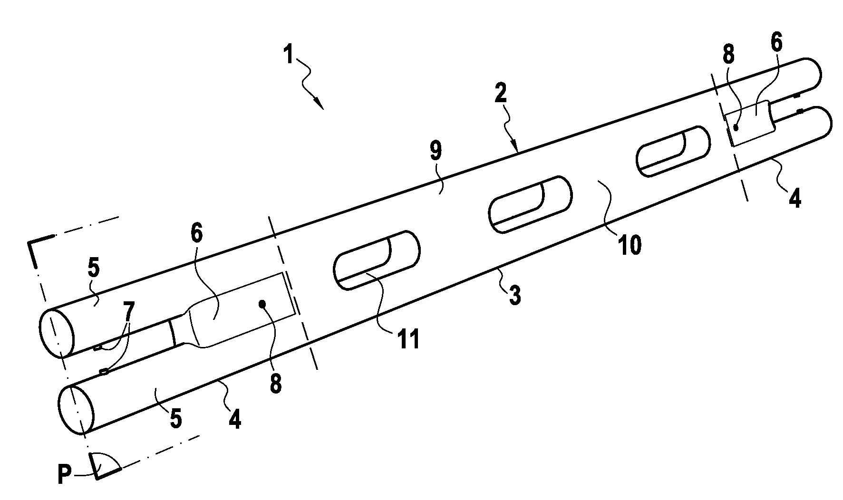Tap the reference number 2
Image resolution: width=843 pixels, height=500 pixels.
[x=501, y=95]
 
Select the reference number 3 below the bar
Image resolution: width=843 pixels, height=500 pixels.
[x=514, y=295]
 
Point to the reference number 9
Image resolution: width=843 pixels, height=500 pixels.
[x=436, y=152]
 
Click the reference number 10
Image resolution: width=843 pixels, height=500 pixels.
[x=629, y=245]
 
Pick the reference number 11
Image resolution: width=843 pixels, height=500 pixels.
[x=409, y=340]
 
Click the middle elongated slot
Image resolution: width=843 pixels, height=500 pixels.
[x=530, y=204]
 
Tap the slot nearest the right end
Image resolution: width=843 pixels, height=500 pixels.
[x=673, y=152]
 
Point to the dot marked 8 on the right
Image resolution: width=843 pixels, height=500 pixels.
[x=736, y=127]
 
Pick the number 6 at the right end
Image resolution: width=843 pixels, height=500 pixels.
[x=775, y=43]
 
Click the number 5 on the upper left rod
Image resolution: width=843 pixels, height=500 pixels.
[x=94, y=268]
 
